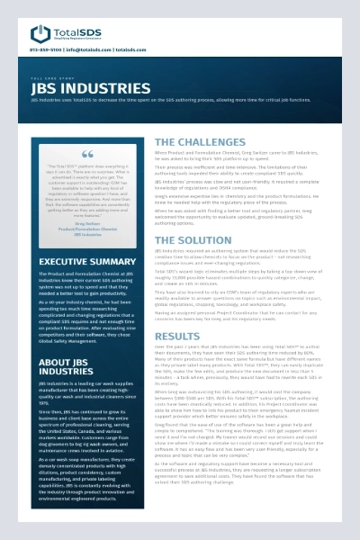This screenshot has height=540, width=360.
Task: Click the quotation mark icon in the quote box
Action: (x=86, y=155)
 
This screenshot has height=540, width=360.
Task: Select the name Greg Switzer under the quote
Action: (x=87, y=223)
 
